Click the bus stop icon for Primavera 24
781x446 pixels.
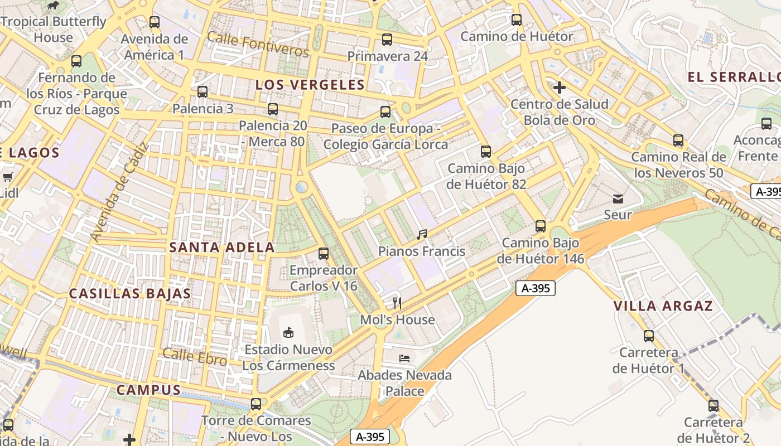[x=387, y=40]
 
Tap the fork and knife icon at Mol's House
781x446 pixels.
[x=397, y=303]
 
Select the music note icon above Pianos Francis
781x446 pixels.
[x=422, y=235]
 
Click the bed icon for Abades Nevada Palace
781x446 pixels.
[x=404, y=358]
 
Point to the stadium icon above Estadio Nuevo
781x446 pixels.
[x=288, y=332]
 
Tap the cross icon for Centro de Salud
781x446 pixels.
[x=560, y=88]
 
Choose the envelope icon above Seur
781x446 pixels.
[x=618, y=198]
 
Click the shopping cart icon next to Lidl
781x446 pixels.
[x=7, y=177]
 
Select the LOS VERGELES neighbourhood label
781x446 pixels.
[x=310, y=85]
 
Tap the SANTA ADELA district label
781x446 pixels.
[x=221, y=248]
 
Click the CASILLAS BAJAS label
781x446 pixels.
[x=129, y=294]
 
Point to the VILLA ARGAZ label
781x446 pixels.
[x=663, y=306]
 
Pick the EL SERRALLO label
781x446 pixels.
[x=734, y=77]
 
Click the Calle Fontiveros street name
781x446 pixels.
[x=258, y=44]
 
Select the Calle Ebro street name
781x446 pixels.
[x=194, y=356]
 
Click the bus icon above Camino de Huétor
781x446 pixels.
[x=517, y=20]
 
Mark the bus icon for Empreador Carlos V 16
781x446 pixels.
[x=323, y=254]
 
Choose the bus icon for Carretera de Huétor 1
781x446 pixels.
[x=648, y=336]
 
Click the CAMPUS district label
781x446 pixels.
[x=148, y=390]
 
